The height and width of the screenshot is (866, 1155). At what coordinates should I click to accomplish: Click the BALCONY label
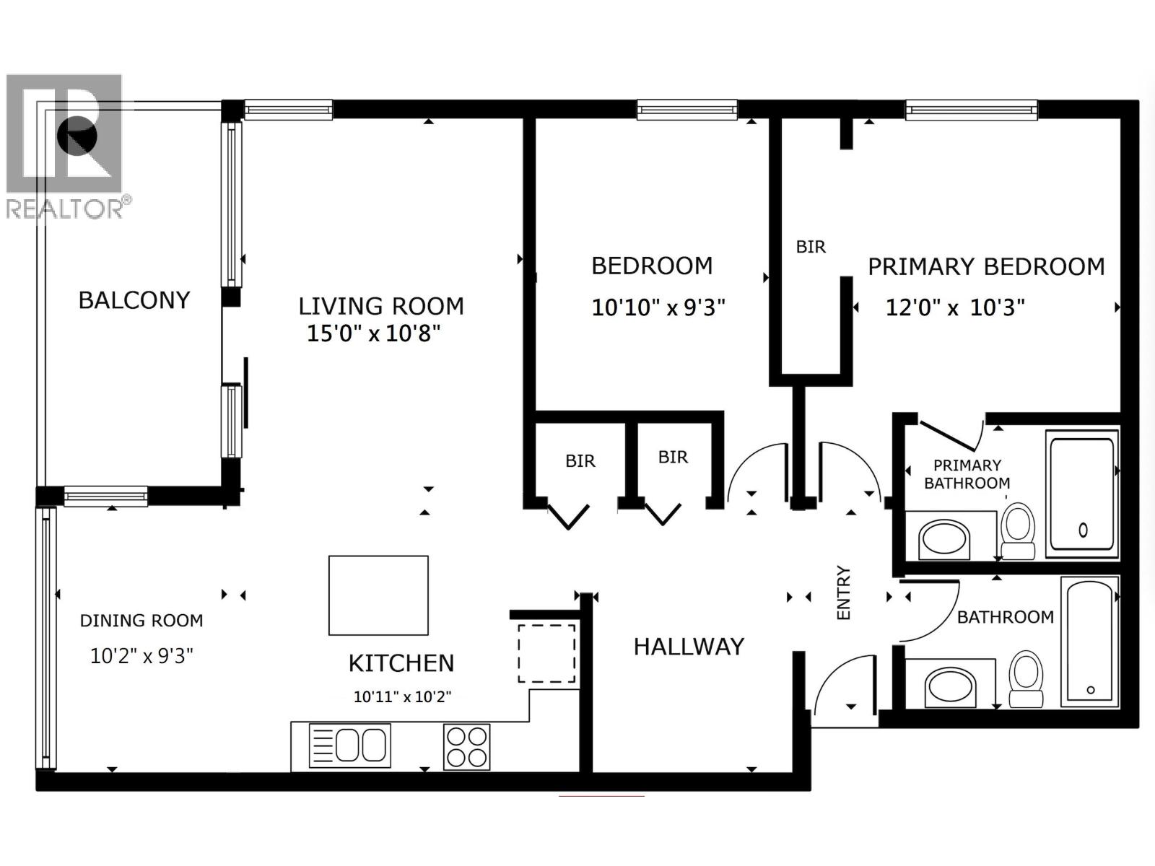134,300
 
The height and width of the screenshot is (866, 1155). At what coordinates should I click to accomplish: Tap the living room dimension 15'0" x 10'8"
373,333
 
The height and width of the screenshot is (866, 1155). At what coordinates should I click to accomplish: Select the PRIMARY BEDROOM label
986,267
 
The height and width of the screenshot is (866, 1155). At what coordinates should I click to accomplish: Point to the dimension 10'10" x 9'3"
658,307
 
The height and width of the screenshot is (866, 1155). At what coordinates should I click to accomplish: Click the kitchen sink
350,745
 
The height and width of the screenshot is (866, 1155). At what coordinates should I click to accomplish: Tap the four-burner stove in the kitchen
466,746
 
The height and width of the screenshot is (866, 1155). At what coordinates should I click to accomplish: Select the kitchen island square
378,595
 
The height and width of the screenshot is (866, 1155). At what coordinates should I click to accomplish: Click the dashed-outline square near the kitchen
547,654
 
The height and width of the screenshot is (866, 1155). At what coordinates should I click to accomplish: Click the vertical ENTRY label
843,592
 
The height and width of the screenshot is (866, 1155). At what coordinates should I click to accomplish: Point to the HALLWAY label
689,647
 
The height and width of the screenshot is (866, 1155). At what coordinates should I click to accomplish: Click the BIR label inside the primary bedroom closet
811,247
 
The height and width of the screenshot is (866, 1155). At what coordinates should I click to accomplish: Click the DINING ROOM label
141,621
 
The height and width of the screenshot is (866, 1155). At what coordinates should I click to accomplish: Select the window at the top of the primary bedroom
972,110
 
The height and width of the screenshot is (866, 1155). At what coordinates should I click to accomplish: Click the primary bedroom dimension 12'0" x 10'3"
955,308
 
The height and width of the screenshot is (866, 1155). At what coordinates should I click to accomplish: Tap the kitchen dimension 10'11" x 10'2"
402,697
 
